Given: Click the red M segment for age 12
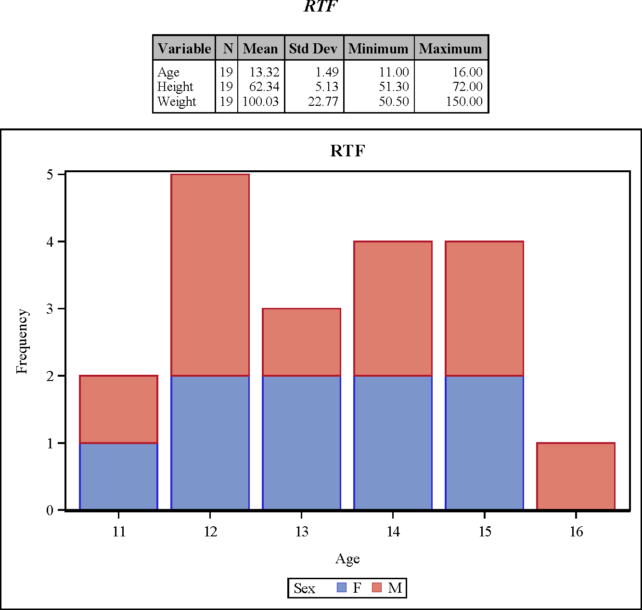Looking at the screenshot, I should point(210,275).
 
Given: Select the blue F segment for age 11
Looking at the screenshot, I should point(118,476).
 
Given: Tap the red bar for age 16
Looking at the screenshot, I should point(576,476).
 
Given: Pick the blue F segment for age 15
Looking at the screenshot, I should point(484,442).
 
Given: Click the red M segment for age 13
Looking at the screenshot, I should point(301,342).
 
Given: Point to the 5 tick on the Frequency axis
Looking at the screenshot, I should point(50,174).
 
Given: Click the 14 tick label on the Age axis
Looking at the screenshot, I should point(393,532).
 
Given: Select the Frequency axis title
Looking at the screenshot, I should point(22,341).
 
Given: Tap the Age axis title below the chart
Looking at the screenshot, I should point(347,559).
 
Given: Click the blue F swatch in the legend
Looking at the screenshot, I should point(342,587).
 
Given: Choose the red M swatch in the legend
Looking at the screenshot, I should point(377,587).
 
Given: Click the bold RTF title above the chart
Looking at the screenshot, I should point(347,151).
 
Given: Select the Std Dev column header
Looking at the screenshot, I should point(313,48).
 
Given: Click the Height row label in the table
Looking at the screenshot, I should point(175,87).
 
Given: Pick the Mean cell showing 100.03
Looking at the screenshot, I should point(260,102).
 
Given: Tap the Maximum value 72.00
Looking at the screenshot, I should point(467,87).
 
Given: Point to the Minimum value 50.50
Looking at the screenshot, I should point(394,102).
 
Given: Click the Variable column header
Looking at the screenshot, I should point(184,48).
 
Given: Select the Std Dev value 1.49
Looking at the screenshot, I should point(327,72).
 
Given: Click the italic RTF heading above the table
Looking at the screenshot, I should point(321,7).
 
